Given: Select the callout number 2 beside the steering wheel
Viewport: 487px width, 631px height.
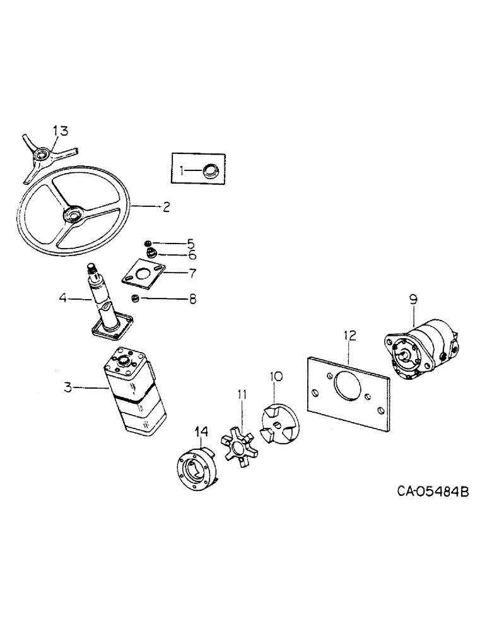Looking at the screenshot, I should [x=165, y=207].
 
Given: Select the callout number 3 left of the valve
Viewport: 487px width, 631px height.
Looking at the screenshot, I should [x=67, y=387].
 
